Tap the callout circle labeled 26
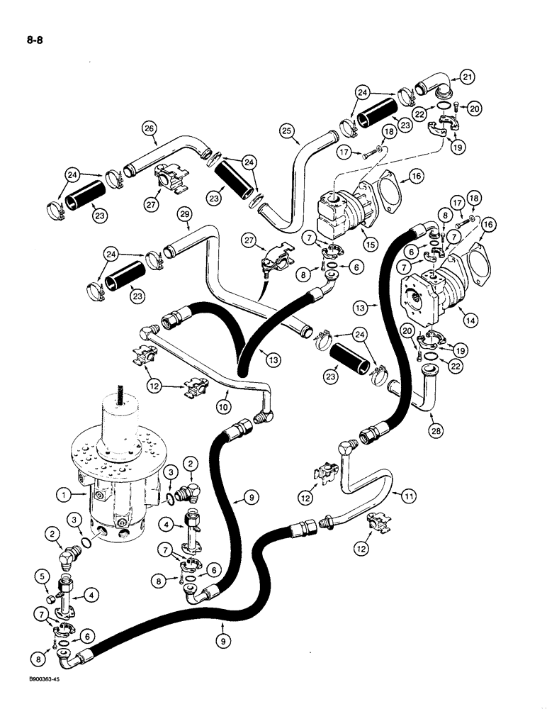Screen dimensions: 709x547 [x=149, y=129]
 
